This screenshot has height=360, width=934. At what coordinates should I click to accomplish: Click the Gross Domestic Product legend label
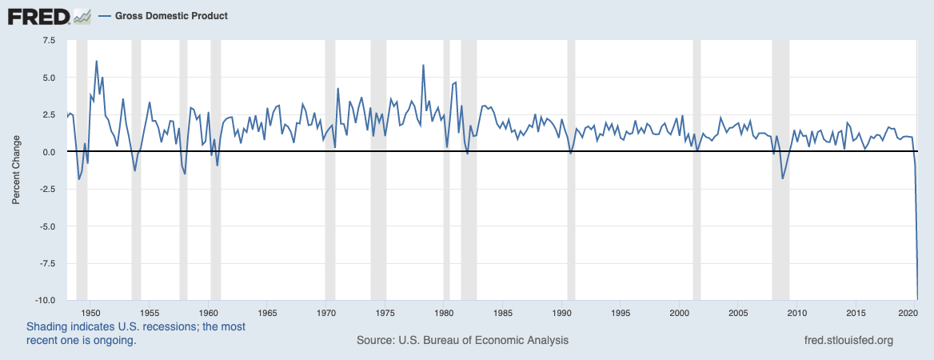[171, 16]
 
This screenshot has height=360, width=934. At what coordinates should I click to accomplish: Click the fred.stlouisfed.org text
[848, 340]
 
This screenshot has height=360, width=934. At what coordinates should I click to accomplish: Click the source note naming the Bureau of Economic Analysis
[462, 340]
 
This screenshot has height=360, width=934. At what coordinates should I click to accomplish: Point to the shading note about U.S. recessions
[136, 333]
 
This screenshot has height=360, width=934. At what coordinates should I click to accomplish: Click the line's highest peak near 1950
[97, 61]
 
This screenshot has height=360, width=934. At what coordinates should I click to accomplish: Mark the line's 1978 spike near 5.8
[423, 65]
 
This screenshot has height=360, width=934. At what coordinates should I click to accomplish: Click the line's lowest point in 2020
[917, 298]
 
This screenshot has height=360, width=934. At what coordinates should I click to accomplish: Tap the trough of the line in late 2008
[782, 178]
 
